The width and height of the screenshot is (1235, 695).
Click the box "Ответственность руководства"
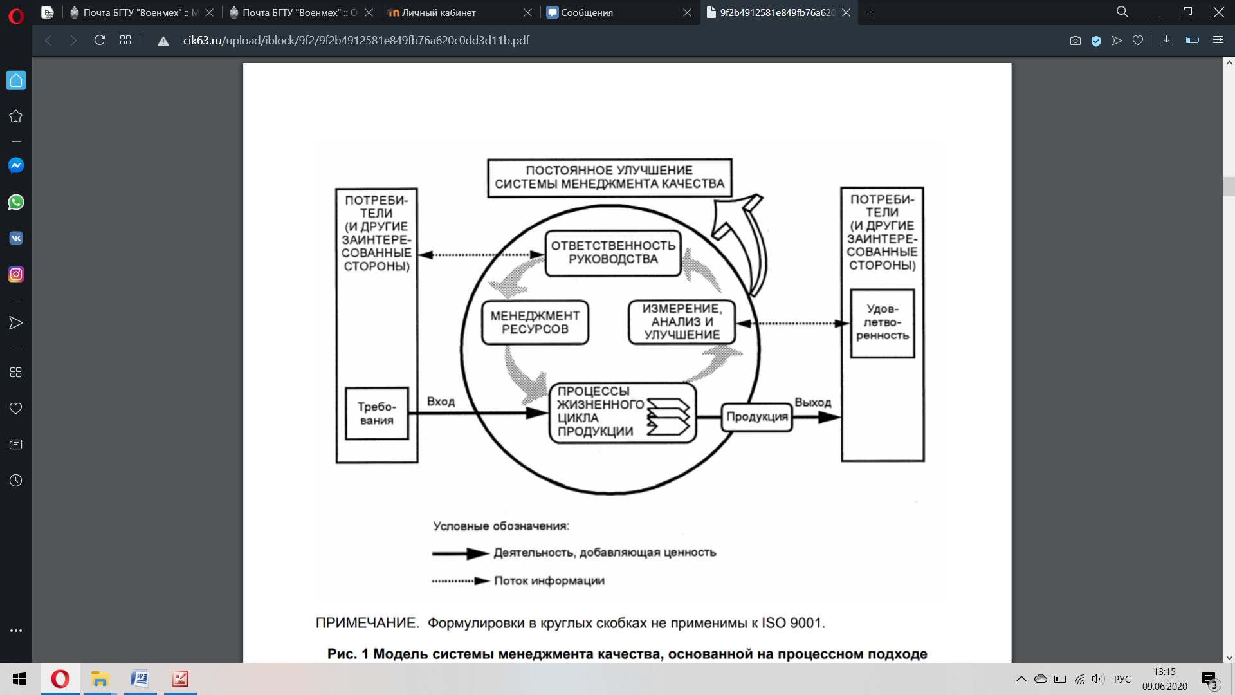(612, 253)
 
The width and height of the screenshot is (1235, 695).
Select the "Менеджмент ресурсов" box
(535, 322)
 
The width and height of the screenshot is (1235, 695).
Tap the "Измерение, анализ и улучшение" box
(682, 322)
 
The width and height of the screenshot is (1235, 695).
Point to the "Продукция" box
(756, 417)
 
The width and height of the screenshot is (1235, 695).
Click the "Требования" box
(377, 414)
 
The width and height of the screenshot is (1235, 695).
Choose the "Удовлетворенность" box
(882, 322)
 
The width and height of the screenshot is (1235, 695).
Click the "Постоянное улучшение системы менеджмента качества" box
(609, 178)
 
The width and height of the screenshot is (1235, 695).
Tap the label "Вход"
(441, 402)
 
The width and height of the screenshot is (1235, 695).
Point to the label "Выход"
(812, 402)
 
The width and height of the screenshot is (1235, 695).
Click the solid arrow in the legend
(460, 553)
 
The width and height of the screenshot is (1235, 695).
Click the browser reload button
(100, 41)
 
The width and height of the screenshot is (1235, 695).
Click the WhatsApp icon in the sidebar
(16, 202)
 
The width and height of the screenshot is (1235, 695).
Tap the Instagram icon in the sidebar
(16, 274)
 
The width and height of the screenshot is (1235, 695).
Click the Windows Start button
(19, 679)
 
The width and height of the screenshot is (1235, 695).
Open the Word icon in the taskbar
(140, 679)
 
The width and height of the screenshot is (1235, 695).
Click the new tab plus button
(870, 12)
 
